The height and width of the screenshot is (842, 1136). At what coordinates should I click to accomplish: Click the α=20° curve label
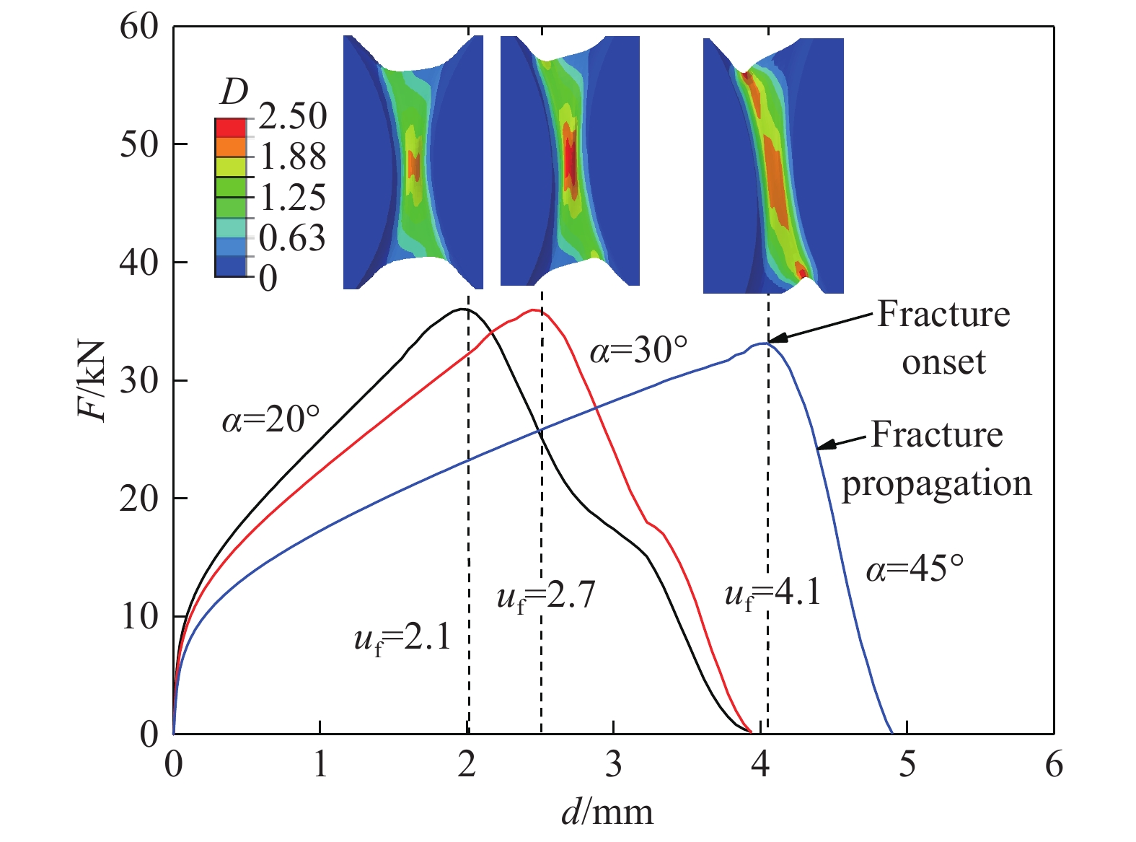point(270,419)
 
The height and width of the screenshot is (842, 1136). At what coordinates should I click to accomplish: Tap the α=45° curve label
point(915,569)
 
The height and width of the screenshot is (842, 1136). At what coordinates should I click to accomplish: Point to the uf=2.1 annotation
point(402,639)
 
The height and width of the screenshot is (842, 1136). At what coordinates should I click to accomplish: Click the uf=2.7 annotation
point(546,597)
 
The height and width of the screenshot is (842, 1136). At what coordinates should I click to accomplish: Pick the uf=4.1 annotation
point(772,595)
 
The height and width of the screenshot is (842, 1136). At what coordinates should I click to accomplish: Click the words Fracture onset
point(943,338)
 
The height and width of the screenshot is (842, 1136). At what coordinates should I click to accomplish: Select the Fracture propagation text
point(937,459)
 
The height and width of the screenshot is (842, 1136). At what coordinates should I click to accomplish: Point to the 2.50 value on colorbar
point(293,116)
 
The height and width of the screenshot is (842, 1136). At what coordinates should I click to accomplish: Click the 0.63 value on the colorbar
point(292,238)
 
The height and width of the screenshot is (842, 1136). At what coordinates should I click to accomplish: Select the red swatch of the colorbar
point(230,128)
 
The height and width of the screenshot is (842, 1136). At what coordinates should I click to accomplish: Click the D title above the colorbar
point(234,92)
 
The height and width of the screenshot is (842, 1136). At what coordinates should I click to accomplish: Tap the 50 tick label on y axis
point(138,144)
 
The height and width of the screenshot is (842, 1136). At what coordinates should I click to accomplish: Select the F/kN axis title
point(93,380)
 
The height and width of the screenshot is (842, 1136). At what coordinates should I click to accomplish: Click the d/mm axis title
point(607,812)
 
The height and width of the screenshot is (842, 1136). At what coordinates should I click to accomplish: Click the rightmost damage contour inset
point(773,166)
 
